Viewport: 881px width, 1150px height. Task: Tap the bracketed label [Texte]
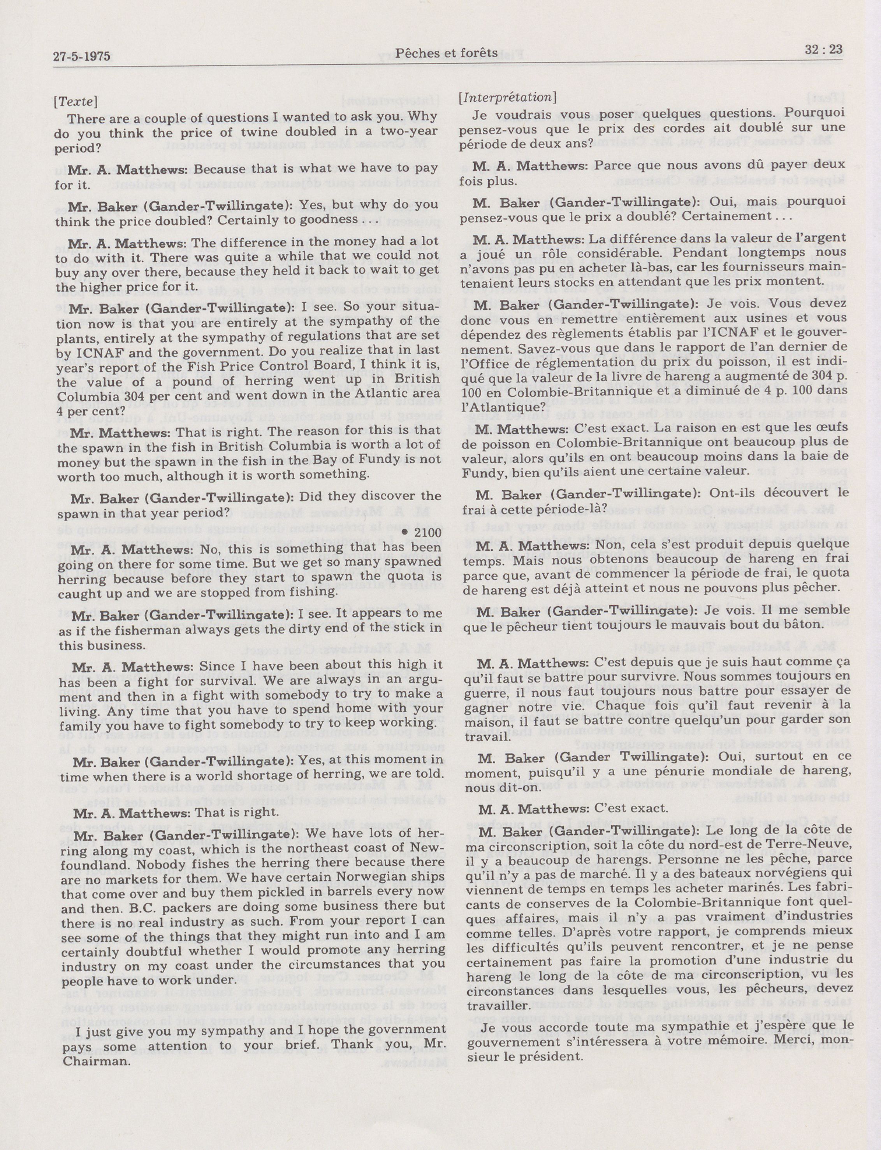point(76,101)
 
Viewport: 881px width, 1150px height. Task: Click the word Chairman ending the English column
point(95,1076)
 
